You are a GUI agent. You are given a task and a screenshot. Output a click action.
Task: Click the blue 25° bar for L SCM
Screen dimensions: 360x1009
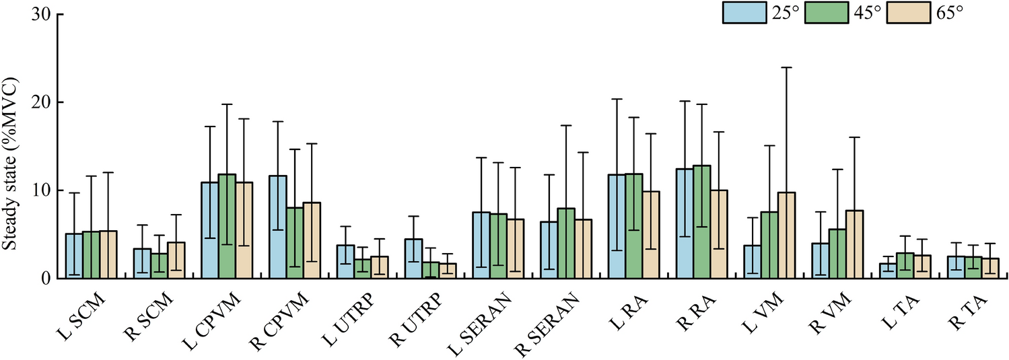coord(74,256)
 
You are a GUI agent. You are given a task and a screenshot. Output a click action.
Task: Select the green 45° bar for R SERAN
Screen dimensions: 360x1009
coord(566,243)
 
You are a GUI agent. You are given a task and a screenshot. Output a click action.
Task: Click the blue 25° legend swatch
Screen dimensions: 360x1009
coord(741,13)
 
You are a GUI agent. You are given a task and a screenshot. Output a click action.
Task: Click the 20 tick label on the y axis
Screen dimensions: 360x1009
coord(42,102)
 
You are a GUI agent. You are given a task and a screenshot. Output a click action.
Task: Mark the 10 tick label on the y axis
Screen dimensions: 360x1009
coord(42,190)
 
